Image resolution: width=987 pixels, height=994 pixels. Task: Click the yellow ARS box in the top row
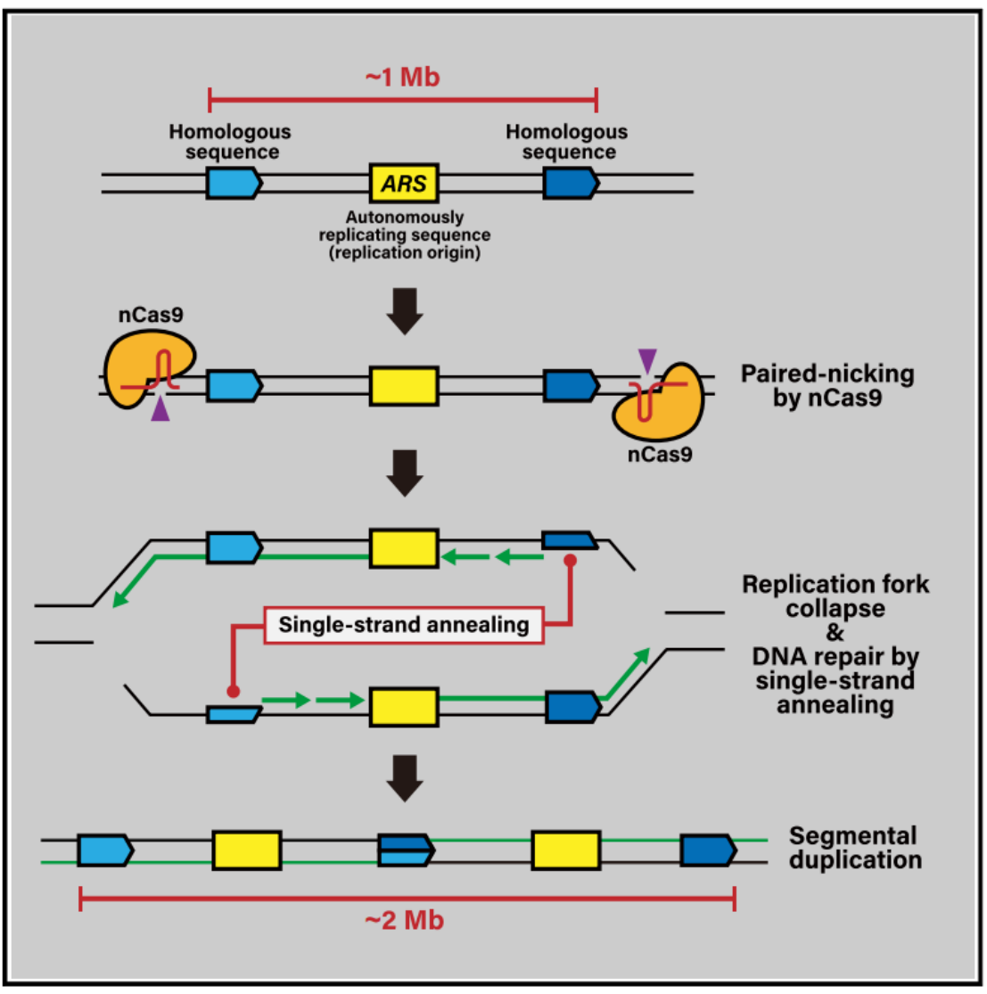(404, 185)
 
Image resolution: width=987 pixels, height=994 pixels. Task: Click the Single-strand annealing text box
(404, 624)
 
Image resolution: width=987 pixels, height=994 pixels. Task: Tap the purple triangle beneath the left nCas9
(160, 410)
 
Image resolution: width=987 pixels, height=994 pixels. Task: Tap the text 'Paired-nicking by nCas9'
(827, 386)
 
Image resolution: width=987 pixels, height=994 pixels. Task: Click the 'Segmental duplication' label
(853, 849)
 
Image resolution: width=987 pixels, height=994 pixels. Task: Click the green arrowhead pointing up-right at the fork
(641, 659)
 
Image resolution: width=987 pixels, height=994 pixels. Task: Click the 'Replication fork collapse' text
(835, 596)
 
